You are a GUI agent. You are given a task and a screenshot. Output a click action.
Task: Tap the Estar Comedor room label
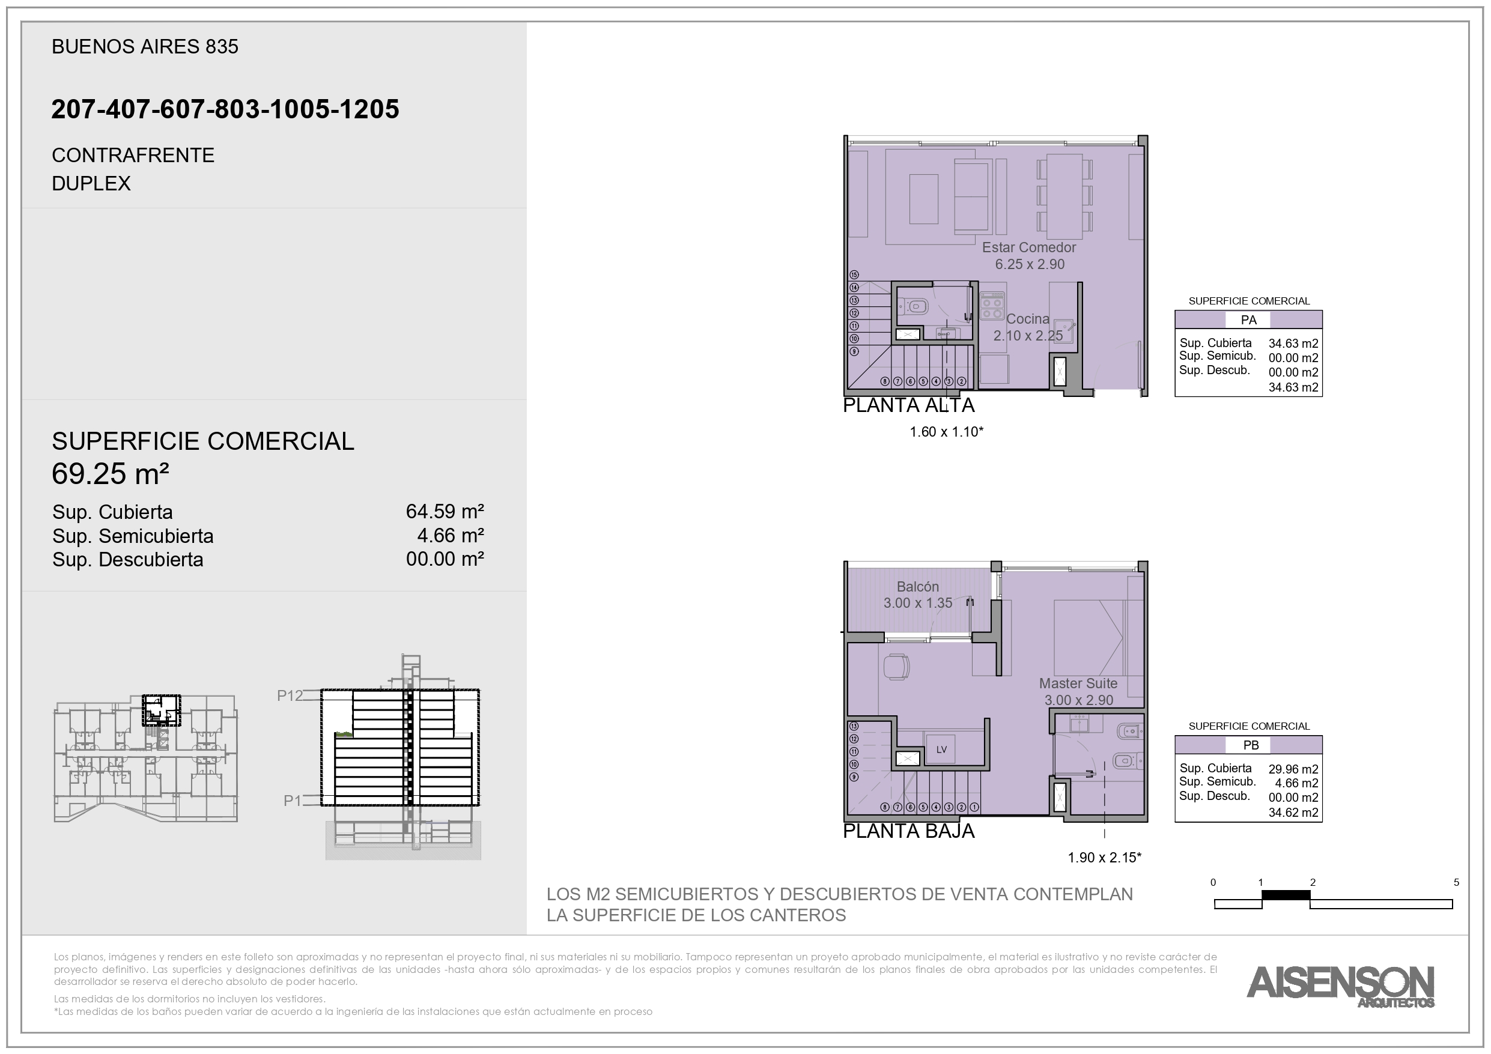click(1028, 247)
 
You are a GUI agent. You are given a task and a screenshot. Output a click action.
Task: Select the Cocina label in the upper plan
click(1027, 319)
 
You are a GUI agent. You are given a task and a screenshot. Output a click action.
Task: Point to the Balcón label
click(917, 586)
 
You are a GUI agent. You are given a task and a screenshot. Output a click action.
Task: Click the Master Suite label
click(1078, 683)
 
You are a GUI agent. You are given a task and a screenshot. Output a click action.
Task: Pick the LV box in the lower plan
click(941, 750)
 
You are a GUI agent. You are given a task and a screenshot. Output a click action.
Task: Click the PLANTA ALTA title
click(908, 405)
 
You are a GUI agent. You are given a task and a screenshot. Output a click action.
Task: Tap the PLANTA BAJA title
click(908, 831)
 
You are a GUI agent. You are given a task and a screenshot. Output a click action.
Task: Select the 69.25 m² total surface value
click(111, 473)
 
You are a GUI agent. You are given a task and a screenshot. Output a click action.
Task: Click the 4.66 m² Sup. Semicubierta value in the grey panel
click(451, 535)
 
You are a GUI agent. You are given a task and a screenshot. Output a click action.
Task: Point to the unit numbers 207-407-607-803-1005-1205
click(225, 109)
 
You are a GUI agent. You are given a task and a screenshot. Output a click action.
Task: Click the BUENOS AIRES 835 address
click(145, 47)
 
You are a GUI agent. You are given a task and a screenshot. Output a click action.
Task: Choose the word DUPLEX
click(91, 184)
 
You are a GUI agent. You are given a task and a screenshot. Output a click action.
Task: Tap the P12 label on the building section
click(290, 695)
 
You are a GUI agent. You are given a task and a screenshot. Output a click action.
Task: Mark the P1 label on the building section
click(293, 801)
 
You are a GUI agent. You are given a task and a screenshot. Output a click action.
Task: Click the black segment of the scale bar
click(1286, 895)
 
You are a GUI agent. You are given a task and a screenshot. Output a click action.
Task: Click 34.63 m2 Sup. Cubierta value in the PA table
click(1293, 344)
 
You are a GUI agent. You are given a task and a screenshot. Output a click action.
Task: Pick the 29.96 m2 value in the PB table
click(1293, 769)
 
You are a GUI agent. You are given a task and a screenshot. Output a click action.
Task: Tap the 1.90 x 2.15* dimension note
click(1105, 857)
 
